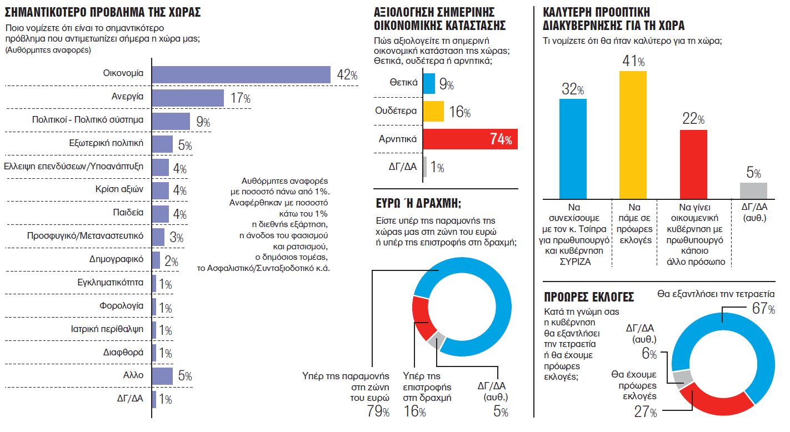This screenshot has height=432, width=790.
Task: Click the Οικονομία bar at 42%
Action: (241, 75)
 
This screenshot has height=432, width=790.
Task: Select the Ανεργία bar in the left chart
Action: (188, 98)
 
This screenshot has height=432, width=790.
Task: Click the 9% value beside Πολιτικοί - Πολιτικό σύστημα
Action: (202, 122)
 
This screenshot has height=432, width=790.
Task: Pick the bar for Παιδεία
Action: (160, 213)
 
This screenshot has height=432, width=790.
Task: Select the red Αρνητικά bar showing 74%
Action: (470, 139)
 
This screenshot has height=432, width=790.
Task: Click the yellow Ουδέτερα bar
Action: (433, 111)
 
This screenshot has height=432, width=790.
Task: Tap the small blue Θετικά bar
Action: (429, 83)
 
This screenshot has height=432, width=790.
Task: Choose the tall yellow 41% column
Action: (633, 134)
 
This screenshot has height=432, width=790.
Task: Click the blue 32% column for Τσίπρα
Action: (572, 148)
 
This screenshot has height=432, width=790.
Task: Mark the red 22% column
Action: (693, 164)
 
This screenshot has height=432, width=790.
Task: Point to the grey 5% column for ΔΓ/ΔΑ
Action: (753, 190)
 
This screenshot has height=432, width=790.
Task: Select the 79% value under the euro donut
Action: (378, 411)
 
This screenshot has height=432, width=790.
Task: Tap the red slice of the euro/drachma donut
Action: (421, 319)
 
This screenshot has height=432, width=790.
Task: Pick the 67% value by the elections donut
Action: (763, 309)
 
